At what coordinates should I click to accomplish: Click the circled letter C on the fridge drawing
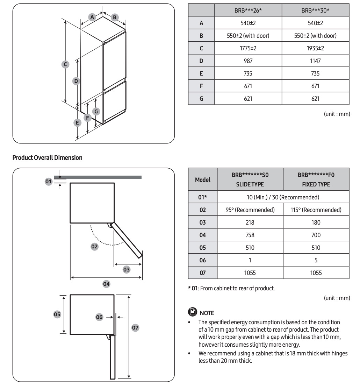click(x=65, y=64)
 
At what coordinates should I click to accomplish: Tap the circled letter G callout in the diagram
click(x=96, y=112)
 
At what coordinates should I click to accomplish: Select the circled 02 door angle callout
click(x=94, y=246)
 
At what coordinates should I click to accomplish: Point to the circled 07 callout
click(x=135, y=328)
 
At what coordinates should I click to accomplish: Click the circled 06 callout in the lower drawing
click(x=99, y=317)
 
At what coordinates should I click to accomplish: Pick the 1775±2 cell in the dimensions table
click(x=248, y=48)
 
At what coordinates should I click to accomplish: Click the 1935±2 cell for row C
click(x=315, y=48)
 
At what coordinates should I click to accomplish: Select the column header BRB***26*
click(x=248, y=10)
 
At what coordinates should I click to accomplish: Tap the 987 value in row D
click(x=248, y=61)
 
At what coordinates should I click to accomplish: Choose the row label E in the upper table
click(x=201, y=73)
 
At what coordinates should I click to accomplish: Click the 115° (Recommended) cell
click(x=316, y=210)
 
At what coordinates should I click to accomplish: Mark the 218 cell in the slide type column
click(x=250, y=222)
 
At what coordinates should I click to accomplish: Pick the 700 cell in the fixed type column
click(x=316, y=235)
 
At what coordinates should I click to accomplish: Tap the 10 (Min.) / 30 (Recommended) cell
click(x=283, y=197)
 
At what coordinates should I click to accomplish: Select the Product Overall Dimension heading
click(x=48, y=158)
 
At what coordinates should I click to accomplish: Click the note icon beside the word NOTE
click(x=192, y=312)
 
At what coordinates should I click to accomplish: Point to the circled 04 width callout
click(x=106, y=284)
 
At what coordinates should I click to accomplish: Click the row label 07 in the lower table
click(x=203, y=273)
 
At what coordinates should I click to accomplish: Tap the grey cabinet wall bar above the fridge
click(x=101, y=177)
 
